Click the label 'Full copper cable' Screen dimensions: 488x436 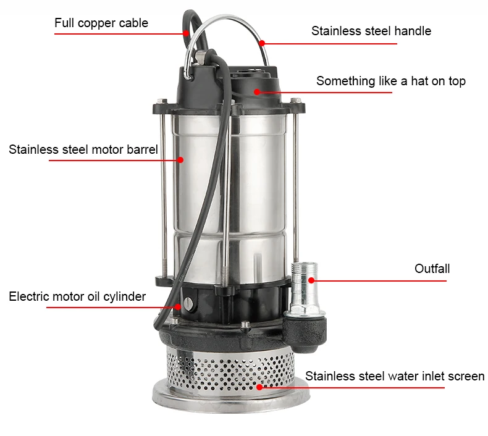[x=101, y=23]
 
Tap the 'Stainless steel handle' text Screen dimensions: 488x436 [x=371, y=31]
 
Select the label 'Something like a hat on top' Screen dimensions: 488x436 [x=391, y=81]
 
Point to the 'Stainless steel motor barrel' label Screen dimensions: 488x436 [x=83, y=149]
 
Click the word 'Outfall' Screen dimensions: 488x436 [x=432, y=269]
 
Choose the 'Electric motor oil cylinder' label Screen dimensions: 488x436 [x=77, y=296]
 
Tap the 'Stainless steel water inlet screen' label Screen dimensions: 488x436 [x=395, y=376]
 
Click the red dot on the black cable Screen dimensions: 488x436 [x=186, y=33]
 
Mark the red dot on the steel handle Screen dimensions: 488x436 [x=262, y=43]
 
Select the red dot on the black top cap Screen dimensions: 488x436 [x=257, y=92]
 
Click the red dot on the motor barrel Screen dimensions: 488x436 [x=180, y=160]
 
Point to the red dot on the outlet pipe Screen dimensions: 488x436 [x=311, y=280]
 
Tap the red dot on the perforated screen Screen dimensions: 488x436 [x=259, y=387]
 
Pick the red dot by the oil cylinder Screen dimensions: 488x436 [x=178, y=307]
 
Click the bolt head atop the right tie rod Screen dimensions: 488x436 [x=296, y=100]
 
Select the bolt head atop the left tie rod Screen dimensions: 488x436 [x=162, y=101]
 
